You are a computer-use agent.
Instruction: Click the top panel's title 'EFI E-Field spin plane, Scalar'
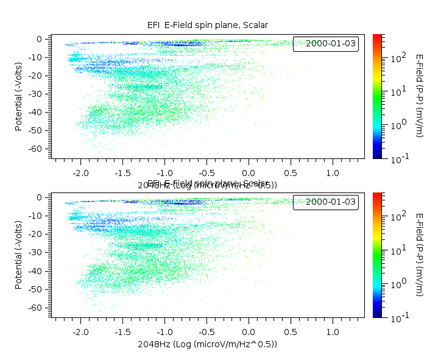pos(208,25)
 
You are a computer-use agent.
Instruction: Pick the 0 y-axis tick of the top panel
pos(39,39)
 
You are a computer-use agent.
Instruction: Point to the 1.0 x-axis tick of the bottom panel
pos(333,333)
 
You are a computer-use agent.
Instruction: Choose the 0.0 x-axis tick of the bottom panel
pos(249,333)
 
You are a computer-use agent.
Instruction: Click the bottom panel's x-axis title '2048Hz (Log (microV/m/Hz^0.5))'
pos(208,344)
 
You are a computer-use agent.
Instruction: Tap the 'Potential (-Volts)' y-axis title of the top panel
pos(19,93)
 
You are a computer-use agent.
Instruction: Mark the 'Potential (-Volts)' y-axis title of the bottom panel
pos(19,252)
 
